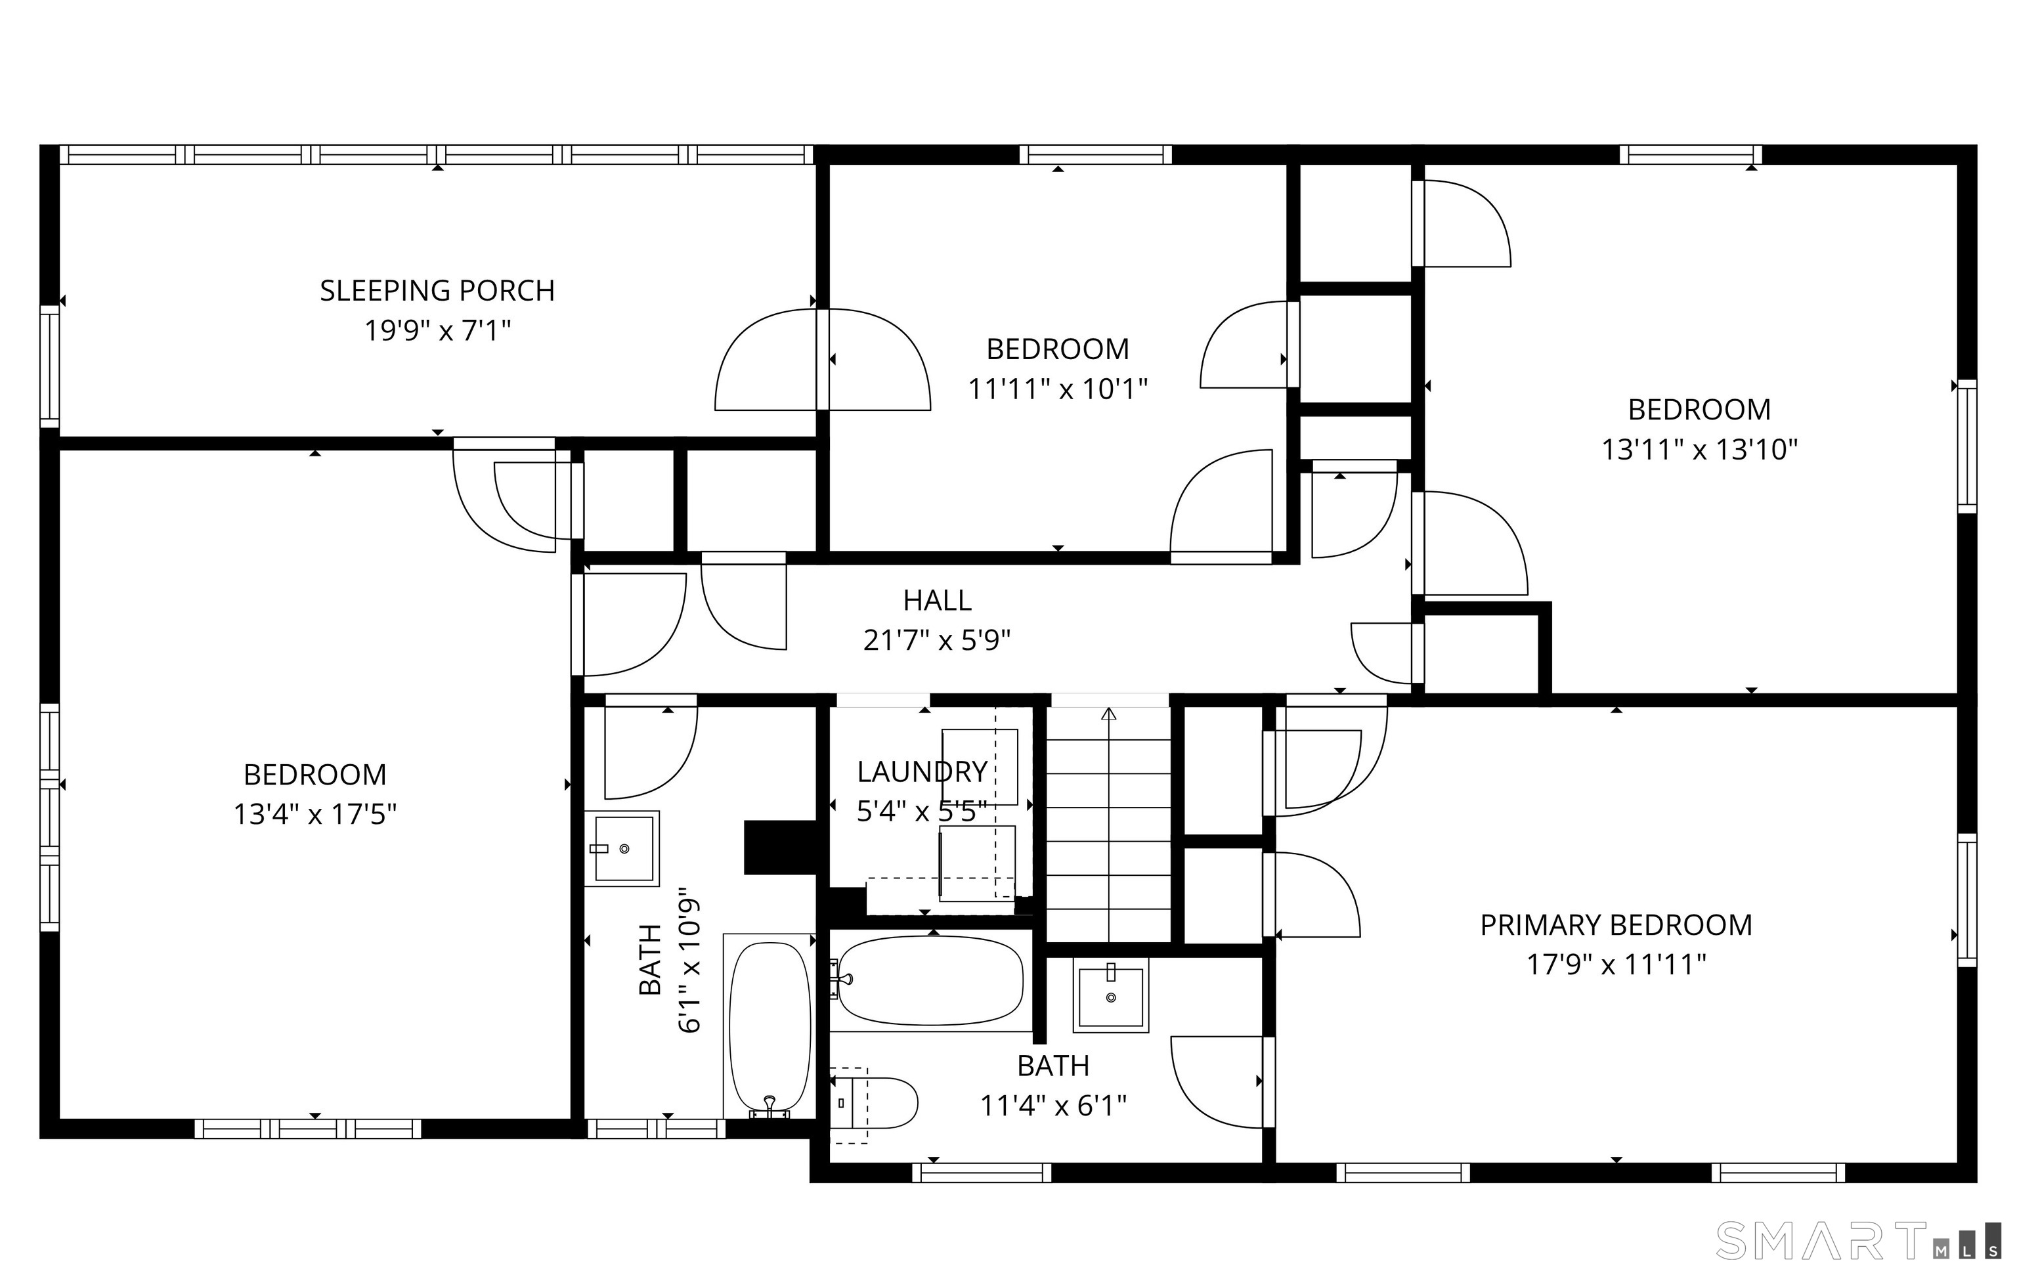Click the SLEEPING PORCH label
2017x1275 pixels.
(437, 291)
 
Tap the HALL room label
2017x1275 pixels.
(938, 601)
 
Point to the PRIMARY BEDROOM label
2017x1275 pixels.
(1616, 925)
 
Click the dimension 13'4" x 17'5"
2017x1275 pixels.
(315, 814)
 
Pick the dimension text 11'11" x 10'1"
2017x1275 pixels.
(1058, 389)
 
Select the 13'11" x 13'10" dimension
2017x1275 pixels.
(1699, 450)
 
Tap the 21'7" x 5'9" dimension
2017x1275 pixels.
(938, 641)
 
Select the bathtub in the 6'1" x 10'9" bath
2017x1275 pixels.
(770, 1026)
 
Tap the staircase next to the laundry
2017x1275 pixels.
(1109, 825)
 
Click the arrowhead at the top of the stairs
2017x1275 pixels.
(1109, 714)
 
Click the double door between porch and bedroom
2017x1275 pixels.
(823, 360)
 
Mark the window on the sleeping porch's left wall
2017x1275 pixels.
(51, 367)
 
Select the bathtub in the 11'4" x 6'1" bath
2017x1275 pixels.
(930, 980)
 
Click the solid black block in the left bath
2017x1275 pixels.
(781, 848)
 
